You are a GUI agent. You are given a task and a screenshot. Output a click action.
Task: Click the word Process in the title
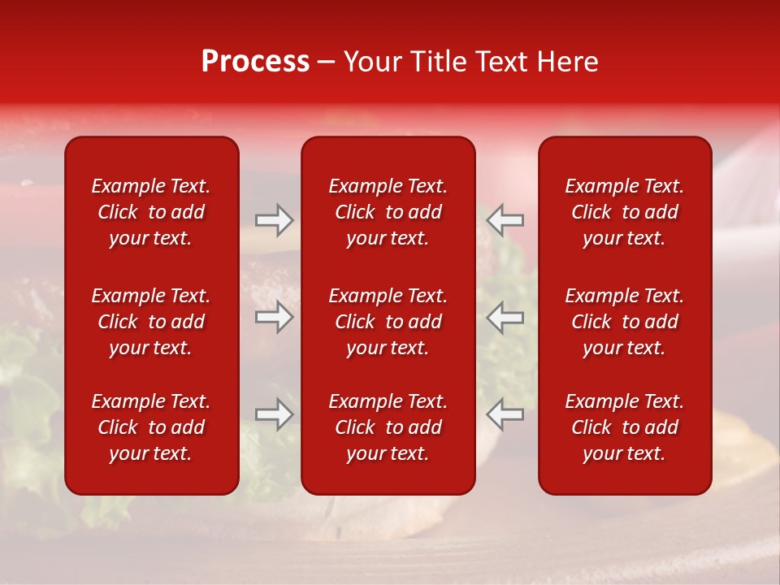(x=255, y=62)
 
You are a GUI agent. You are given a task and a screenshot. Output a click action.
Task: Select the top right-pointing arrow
(x=274, y=220)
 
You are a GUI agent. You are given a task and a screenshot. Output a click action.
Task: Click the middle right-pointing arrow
(x=274, y=317)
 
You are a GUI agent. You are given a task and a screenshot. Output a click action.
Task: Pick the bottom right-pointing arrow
(x=274, y=414)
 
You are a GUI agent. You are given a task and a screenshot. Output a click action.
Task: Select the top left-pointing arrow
(x=505, y=220)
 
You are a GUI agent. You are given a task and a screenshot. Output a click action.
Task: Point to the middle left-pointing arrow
(x=505, y=317)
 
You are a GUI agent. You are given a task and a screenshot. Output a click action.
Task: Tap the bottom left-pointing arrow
(x=505, y=414)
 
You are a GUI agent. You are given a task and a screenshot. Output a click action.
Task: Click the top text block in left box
(x=151, y=212)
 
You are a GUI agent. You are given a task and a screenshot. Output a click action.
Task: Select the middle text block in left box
(x=151, y=322)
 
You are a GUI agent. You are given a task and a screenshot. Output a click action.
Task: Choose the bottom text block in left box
(x=151, y=427)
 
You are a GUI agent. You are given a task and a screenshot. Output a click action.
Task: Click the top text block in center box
(x=388, y=212)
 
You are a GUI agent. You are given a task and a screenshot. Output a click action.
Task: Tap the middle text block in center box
(x=388, y=322)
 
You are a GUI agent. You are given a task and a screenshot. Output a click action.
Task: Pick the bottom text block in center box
(x=388, y=427)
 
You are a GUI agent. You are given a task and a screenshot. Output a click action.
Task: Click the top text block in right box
(x=624, y=212)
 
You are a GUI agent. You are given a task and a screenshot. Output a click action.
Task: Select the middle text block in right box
(x=624, y=322)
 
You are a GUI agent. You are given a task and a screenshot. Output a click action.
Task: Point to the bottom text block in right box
(x=624, y=427)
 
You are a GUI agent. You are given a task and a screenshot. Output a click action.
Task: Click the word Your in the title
(x=371, y=62)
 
